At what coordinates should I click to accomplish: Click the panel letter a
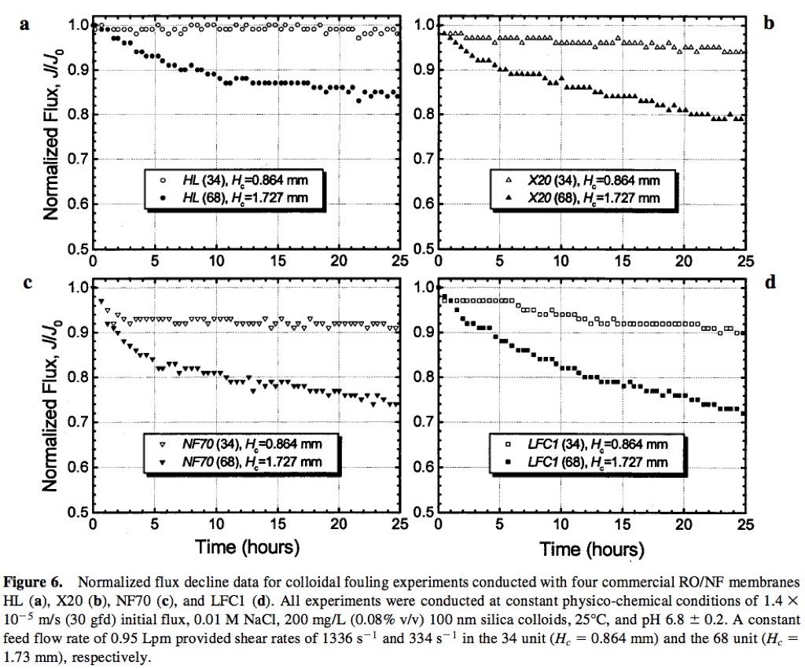[25, 24]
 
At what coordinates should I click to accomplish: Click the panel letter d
[769, 281]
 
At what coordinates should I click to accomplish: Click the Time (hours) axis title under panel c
[247, 546]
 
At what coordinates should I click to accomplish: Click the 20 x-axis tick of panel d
[683, 524]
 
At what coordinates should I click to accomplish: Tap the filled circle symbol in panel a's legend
[161, 197]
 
